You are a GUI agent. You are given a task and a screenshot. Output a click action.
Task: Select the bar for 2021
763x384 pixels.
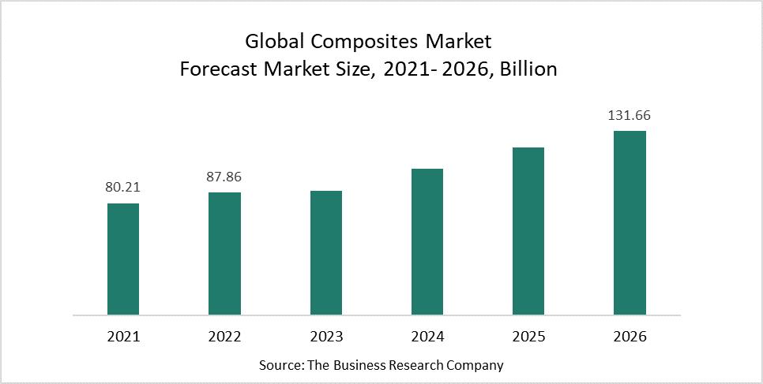click(123, 259)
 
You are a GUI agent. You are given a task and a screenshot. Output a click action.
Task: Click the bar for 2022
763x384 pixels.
click(224, 253)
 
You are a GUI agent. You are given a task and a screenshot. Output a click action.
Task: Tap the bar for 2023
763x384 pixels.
click(326, 252)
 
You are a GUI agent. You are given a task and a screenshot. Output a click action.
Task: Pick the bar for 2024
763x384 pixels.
click(427, 241)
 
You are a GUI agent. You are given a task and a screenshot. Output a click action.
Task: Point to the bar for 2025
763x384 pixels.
click(528, 231)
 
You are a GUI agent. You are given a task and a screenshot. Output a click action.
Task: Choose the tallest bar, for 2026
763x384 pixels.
click(630, 222)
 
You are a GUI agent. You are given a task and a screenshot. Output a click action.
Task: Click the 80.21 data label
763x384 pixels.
click(123, 188)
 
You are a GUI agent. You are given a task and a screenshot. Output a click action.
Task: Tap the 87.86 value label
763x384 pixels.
click(224, 177)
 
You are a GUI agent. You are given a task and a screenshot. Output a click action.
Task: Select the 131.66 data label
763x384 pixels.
click(630, 115)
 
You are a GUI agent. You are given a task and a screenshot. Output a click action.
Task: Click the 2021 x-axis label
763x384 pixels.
click(123, 337)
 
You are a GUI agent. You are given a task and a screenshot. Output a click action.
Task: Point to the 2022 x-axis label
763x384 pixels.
click(224, 337)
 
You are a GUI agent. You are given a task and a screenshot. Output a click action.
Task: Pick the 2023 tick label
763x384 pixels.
click(326, 337)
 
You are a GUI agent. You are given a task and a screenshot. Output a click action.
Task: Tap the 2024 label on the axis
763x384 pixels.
click(427, 337)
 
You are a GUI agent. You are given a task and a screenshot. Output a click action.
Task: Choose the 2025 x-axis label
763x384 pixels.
click(528, 337)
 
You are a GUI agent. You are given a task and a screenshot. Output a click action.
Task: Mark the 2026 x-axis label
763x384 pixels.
click(630, 337)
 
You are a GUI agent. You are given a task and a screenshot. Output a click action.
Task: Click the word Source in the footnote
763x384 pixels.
click(277, 366)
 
